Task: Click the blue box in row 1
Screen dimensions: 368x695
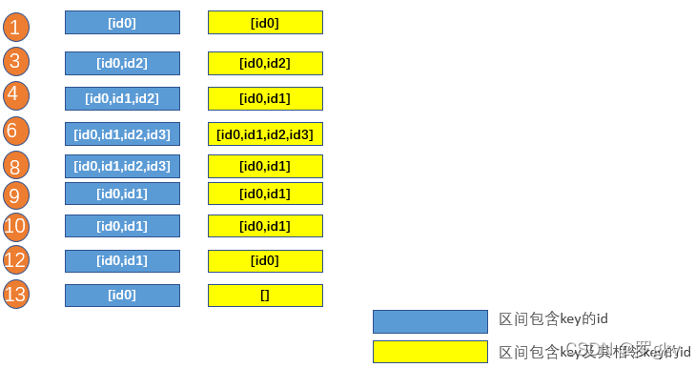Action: [122, 22]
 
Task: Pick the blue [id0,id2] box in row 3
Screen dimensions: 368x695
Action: [122, 63]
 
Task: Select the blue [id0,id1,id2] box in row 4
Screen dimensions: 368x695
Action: [122, 98]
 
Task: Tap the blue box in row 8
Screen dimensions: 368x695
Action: [122, 166]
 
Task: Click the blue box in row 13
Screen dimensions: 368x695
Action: [122, 295]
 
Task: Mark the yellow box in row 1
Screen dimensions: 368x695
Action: [265, 22]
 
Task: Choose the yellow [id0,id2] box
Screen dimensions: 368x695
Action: [265, 63]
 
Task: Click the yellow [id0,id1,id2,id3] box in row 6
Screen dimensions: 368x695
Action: [265, 133]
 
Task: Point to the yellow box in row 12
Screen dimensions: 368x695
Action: [265, 260]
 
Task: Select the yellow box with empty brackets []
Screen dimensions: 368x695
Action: [265, 295]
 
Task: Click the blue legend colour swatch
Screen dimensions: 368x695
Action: [429, 321]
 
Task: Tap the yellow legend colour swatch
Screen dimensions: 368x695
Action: [429, 351]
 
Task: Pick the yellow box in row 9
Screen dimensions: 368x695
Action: [265, 194]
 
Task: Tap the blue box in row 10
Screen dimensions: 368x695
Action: [122, 226]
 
